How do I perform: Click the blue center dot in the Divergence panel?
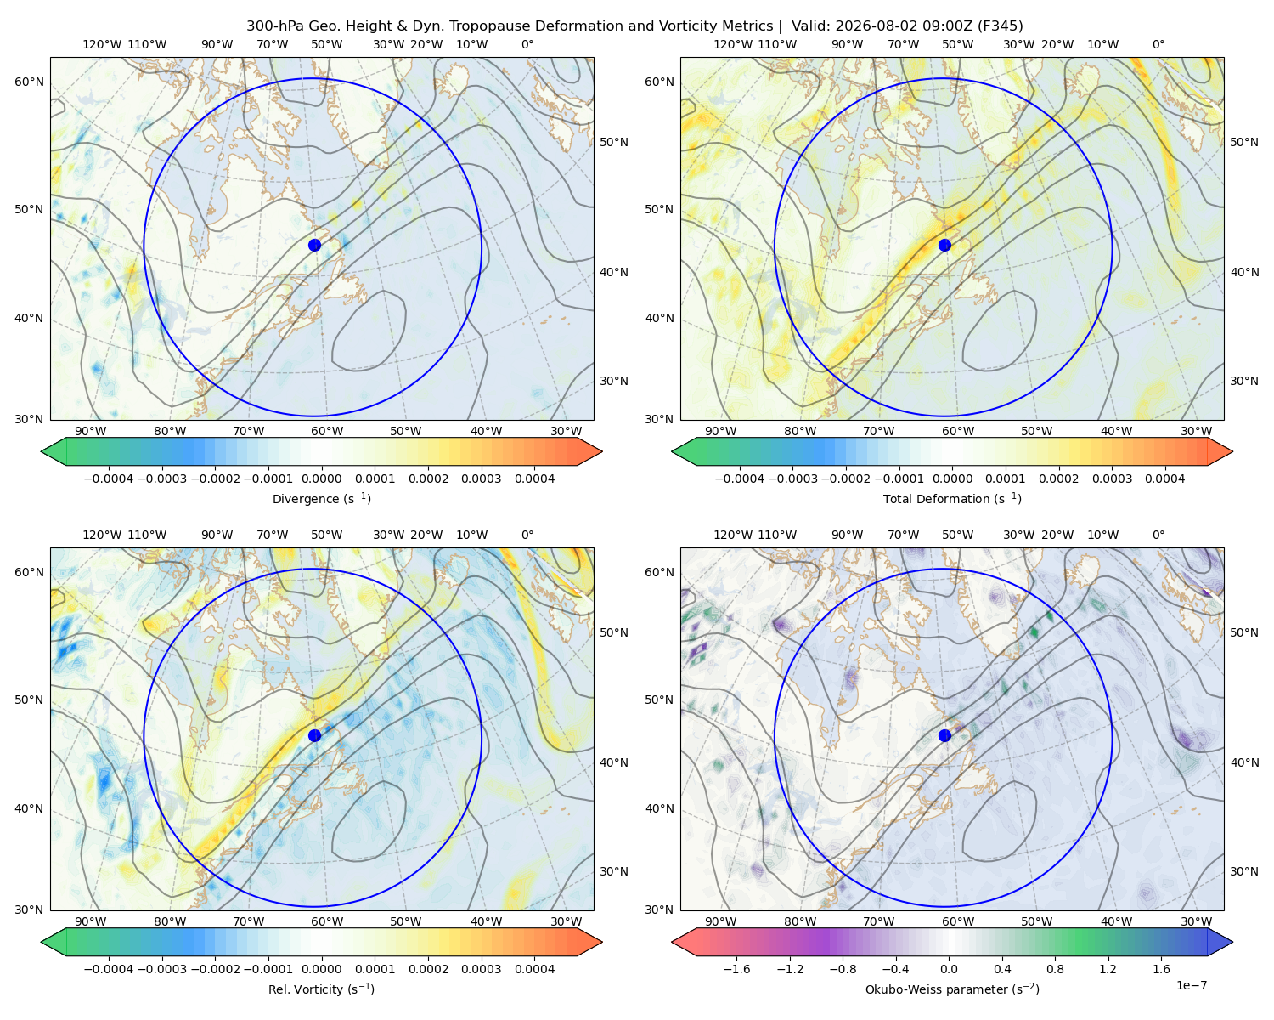pyautogui.click(x=314, y=245)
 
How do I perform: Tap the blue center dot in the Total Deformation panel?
pyautogui.click(x=944, y=245)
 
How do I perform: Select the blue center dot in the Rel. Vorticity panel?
pyautogui.click(x=314, y=735)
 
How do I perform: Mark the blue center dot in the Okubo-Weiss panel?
pyautogui.click(x=944, y=735)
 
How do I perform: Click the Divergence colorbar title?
pyautogui.click(x=321, y=499)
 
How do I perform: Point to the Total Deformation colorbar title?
pyautogui.click(x=952, y=499)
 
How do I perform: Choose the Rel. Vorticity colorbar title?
pyautogui.click(x=321, y=989)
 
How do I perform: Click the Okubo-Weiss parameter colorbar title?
pyautogui.click(x=952, y=989)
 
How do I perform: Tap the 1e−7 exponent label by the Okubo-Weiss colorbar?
pyautogui.click(x=1191, y=985)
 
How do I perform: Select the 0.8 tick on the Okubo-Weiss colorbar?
pyautogui.click(x=1055, y=969)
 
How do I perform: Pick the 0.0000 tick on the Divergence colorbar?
pyautogui.click(x=321, y=479)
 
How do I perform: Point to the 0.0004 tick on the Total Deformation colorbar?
pyautogui.click(x=1165, y=479)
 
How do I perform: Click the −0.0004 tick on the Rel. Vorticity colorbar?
pyautogui.click(x=109, y=969)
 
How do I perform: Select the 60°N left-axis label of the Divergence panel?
pyautogui.click(x=29, y=82)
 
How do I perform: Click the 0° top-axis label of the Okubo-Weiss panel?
pyautogui.click(x=1158, y=535)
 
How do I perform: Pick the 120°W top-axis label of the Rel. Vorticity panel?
pyautogui.click(x=102, y=535)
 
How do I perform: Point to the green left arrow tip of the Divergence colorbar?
pyautogui.click(x=42, y=451)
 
